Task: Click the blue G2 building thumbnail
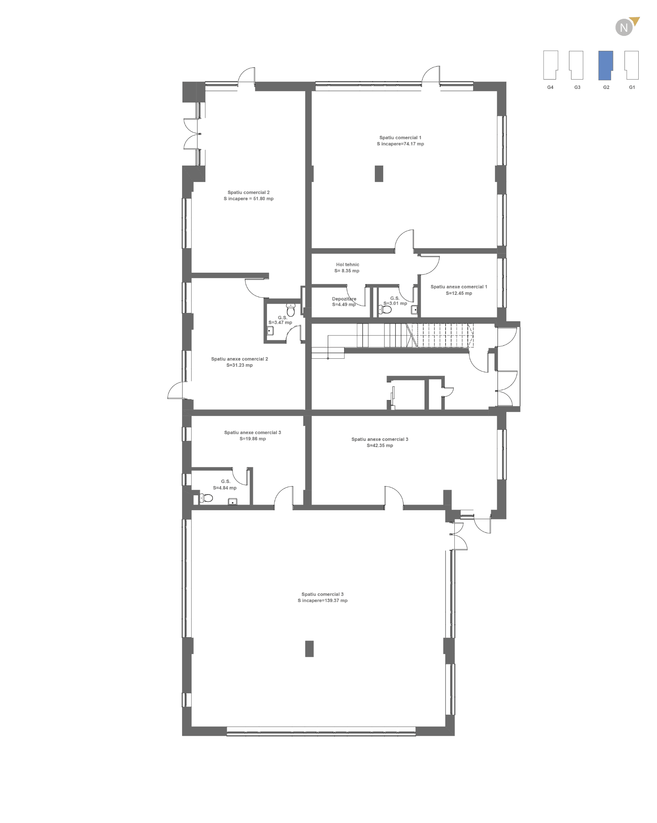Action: point(605,65)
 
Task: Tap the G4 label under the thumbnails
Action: point(550,87)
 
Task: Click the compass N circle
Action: point(624,28)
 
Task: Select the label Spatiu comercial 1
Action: point(400,138)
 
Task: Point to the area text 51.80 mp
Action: point(263,199)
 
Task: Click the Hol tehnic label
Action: point(347,265)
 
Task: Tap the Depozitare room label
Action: point(344,299)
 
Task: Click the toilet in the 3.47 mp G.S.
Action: point(291,310)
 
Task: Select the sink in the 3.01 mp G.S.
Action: point(414,309)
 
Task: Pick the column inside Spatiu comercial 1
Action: point(379,174)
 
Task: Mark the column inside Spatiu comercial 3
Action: point(309,649)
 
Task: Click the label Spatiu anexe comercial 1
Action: point(459,287)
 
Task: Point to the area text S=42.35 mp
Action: point(380,446)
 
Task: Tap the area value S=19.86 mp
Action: point(252,439)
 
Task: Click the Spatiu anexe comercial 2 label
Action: point(239,359)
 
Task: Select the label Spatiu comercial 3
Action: point(322,594)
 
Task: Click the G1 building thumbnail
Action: point(632,65)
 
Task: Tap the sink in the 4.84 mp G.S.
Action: point(232,501)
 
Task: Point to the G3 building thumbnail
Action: point(576,65)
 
